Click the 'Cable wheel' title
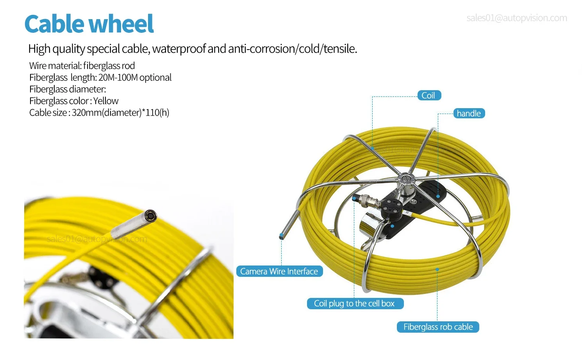click(x=89, y=24)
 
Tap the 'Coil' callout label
click(x=428, y=96)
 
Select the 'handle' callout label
click(x=469, y=114)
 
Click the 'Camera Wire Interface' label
click(x=279, y=271)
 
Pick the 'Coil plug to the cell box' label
click(x=355, y=303)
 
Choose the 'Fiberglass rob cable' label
click(x=438, y=327)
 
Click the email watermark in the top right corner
click(x=517, y=18)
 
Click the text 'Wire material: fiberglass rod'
click(x=82, y=66)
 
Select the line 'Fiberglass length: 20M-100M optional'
click(x=100, y=77)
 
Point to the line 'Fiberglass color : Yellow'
click(x=74, y=101)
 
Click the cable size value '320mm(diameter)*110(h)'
click(x=121, y=112)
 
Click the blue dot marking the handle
click(x=438, y=196)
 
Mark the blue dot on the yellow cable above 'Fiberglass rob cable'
click(x=437, y=269)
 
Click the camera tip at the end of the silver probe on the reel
click(x=281, y=236)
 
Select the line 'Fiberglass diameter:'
click(x=68, y=89)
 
